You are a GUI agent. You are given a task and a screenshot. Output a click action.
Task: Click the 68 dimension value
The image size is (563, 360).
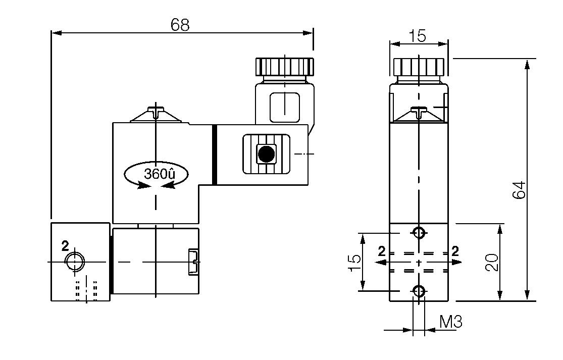(180, 24)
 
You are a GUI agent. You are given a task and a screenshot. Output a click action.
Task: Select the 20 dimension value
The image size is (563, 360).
(492, 263)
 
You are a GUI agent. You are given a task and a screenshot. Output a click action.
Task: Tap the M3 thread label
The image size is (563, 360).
(450, 322)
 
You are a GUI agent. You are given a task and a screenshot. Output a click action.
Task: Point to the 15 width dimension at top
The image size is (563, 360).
(418, 36)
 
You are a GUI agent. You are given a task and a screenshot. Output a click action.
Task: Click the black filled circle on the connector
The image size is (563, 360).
(266, 153)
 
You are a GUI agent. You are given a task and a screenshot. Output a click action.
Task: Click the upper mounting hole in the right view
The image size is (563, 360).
(419, 233)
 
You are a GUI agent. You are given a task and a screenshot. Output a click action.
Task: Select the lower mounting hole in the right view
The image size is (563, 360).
(419, 291)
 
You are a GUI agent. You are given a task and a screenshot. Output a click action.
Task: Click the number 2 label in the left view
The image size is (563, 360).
(65, 246)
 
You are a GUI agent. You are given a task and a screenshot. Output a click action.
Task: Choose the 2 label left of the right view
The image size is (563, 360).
(382, 251)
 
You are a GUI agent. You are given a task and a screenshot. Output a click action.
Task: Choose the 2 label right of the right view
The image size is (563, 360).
(455, 251)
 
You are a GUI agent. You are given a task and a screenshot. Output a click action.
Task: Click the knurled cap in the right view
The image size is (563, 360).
(419, 66)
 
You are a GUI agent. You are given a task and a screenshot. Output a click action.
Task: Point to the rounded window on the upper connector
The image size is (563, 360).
(285, 107)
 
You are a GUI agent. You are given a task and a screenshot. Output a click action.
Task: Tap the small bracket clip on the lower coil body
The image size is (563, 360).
(193, 262)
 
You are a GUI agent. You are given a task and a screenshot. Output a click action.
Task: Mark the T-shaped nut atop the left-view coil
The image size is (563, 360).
(157, 111)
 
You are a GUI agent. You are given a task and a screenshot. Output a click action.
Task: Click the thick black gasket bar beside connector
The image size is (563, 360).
(215, 155)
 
